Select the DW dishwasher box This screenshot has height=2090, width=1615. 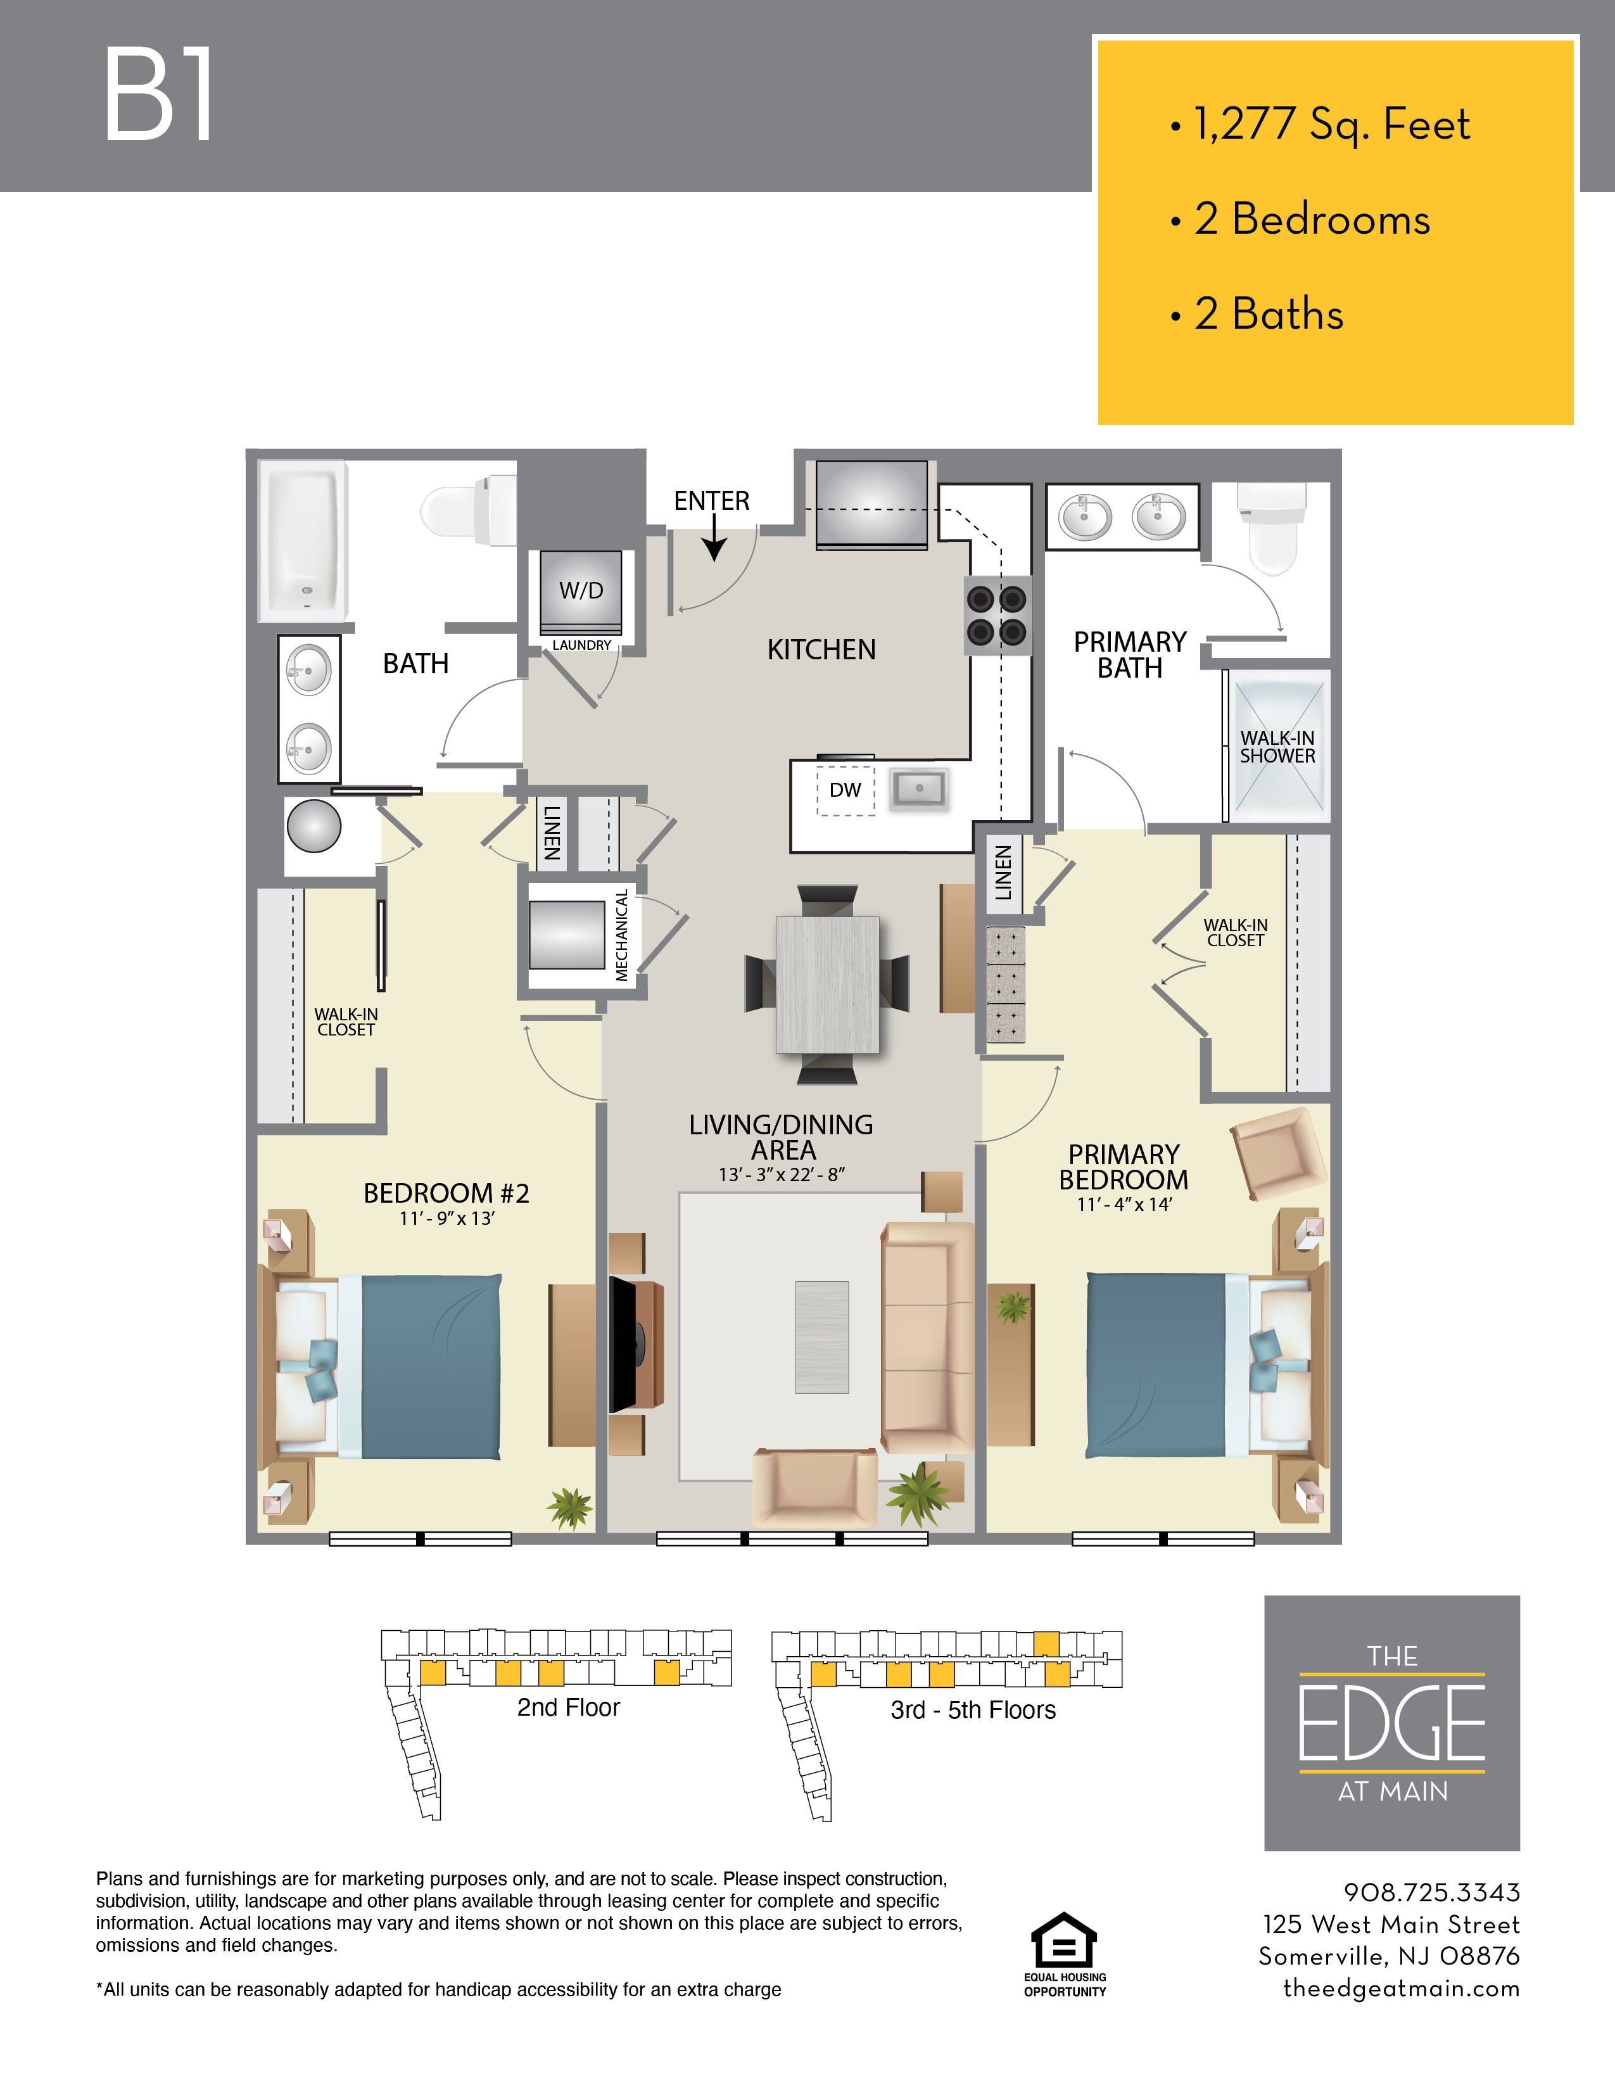coord(845,790)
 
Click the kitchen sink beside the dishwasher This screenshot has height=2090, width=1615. coord(918,788)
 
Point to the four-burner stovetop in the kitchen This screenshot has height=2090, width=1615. coord(997,616)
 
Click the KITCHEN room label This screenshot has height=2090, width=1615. coord(821,650)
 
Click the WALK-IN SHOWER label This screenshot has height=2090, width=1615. coord(1277,747)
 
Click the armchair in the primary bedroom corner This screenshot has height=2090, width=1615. coord(1278,1153)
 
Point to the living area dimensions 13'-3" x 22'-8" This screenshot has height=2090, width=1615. coord(782,1175)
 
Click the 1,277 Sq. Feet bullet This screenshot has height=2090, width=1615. coord(1330,124)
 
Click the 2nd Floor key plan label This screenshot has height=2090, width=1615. coord(568,1708)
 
